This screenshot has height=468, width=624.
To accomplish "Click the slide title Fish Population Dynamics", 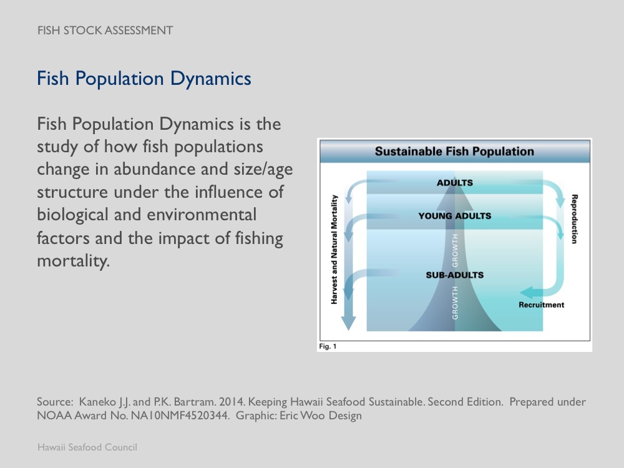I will coord(144,79).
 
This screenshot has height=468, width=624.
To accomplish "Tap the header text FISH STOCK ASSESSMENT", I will coord(105,30).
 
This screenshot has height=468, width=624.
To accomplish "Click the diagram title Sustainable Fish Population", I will coord(454,152).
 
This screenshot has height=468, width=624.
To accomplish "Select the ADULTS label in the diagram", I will coord(454,183).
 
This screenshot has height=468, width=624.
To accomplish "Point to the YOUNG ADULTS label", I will coord(454,216).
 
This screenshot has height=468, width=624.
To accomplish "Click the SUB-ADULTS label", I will coord(454,275).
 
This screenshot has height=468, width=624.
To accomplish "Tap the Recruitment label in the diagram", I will coord(541,305).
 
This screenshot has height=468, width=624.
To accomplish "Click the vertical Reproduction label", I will coord(574,218).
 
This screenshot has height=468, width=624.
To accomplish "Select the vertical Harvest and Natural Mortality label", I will coord(334,249).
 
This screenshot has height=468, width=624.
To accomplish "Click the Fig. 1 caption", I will coord(328,346).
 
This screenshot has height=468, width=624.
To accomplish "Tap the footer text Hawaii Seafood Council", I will coord(87,447).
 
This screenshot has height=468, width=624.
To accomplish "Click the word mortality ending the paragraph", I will coord(73,261).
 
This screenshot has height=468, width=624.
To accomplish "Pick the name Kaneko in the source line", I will coord(99,402).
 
